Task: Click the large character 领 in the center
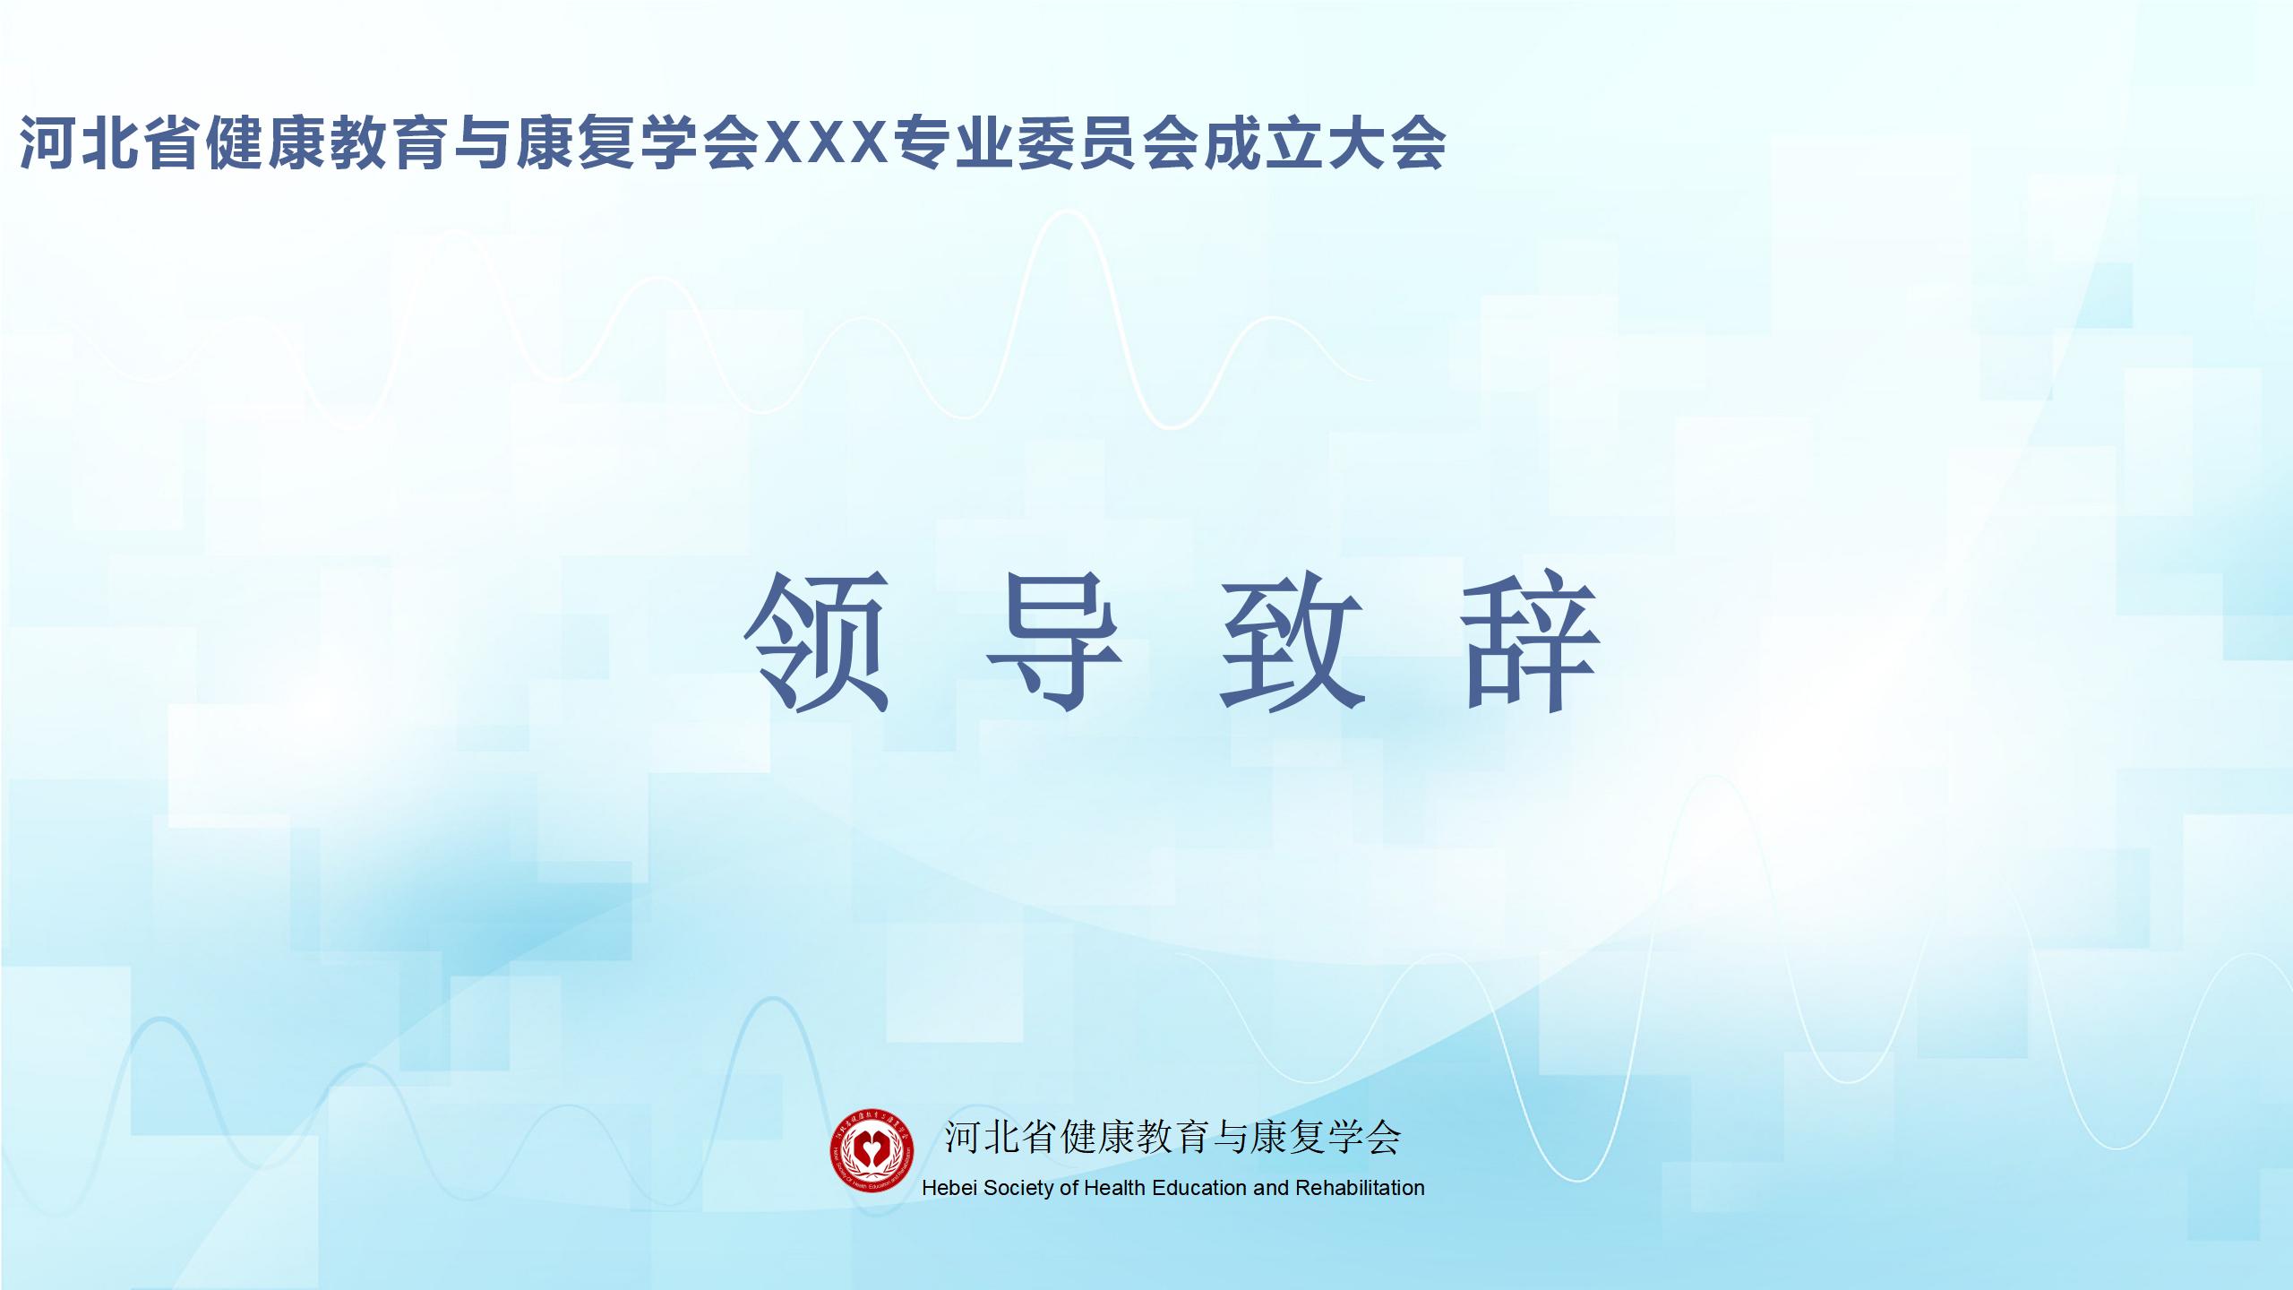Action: pos(817,641)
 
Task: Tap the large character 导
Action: pos(1054,641)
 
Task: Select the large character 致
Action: pos(1292,641)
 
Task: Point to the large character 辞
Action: pos(1530,641)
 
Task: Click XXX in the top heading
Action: pos(824,142)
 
